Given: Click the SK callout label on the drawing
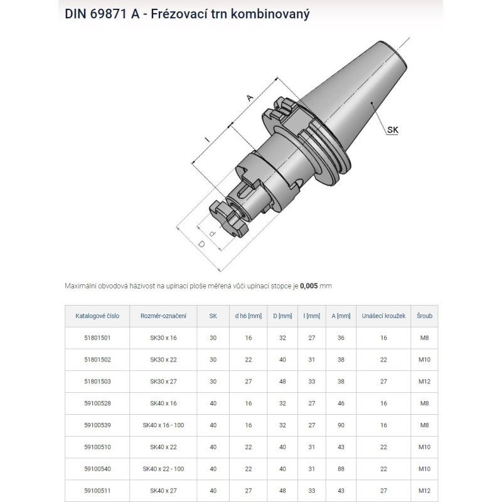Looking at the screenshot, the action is point(393,130).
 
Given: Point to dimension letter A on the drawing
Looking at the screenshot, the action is point(249,98).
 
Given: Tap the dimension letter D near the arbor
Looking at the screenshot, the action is point(201,244).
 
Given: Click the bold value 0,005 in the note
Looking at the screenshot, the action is point(309,286).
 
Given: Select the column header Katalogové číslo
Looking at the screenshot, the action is point(97,316).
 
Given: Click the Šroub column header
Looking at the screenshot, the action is point(424,316).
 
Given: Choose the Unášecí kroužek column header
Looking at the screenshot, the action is point(383,316).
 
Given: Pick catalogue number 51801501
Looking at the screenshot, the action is point(97,338).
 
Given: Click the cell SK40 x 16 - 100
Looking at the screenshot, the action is point(163,425).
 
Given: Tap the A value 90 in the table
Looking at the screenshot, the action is point(341,425).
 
